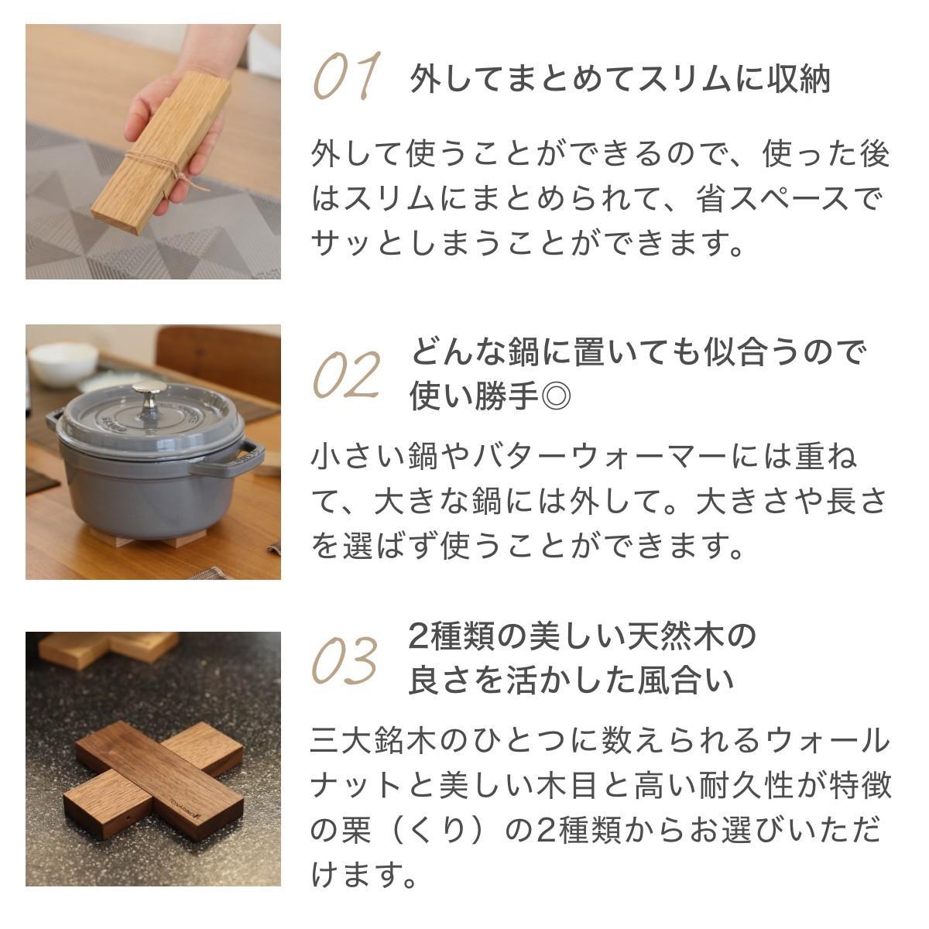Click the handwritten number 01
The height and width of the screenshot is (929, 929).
coord(347,77)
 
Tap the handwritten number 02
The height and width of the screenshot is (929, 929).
coord(346,375)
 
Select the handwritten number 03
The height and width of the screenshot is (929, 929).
coord(345,660)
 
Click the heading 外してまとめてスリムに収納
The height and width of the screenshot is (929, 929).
coord(619,79)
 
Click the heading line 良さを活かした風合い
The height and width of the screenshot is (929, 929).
coord(570,680)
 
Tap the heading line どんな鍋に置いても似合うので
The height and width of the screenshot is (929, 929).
coord(636,352)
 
